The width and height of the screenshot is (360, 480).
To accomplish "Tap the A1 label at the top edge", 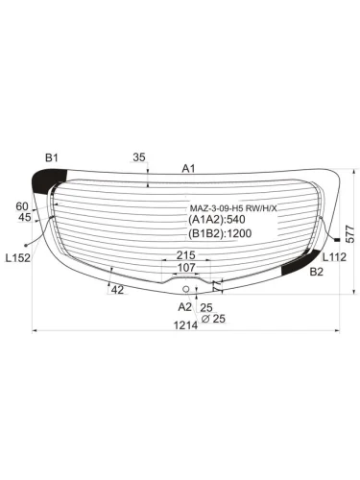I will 189,169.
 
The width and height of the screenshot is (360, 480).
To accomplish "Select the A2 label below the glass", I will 184,306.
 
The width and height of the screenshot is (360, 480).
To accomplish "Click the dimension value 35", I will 139,156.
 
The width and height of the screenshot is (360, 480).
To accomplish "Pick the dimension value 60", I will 22,205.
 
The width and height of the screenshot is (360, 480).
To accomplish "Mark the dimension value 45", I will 25,218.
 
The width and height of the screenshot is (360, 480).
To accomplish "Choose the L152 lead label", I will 19,258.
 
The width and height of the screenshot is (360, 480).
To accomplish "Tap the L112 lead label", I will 333,256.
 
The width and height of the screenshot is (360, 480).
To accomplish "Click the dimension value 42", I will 117,289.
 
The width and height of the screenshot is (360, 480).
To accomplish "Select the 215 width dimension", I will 186,255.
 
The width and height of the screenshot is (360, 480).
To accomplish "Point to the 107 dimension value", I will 183,268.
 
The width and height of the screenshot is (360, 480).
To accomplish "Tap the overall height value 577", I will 351,232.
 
